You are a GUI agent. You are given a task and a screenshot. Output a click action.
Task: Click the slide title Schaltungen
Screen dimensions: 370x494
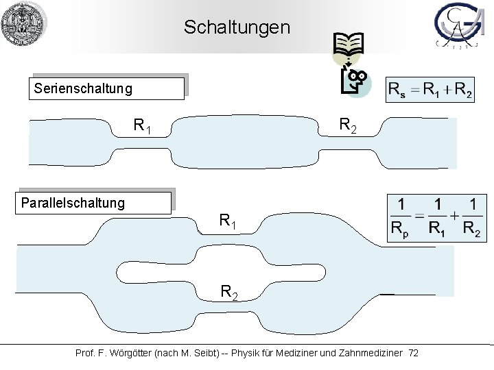click(237, 28)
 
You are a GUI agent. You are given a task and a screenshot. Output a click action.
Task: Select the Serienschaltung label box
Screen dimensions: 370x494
click(107, 89)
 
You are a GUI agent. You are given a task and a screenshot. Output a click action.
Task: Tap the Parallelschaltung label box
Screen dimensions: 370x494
click(95, 203)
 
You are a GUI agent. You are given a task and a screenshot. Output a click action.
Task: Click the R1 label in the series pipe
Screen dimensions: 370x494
click(143, 126)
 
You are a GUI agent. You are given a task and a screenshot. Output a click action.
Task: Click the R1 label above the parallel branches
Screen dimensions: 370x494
click(229, 221)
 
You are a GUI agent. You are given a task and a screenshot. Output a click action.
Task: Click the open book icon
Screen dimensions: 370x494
click(349, 45)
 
